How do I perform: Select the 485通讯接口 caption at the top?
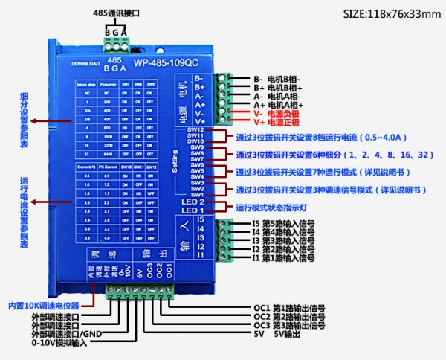(117, 13)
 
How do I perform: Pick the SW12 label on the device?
(195, 130)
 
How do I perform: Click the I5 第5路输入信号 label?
(283, 221)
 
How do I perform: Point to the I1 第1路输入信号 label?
(283, 257)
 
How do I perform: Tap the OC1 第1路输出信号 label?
(290, 307)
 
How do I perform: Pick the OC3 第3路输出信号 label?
(290, 325)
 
